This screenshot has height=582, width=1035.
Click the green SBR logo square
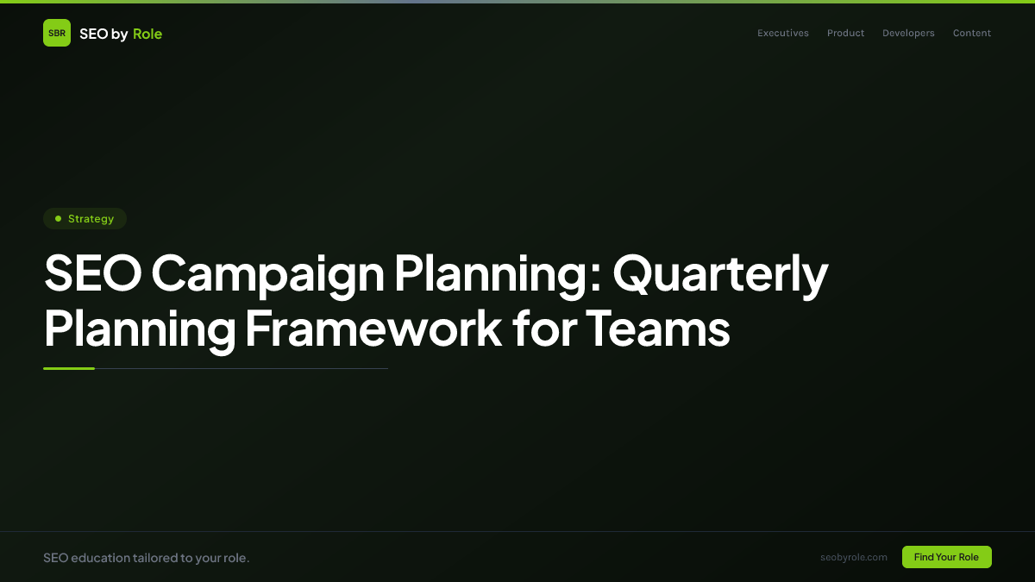pos(57,33)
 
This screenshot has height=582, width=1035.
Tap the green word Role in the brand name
pos(147,34)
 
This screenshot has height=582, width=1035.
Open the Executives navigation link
pos(782,33)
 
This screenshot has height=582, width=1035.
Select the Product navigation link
pos(845,33)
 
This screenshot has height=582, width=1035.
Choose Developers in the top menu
pos(908,33)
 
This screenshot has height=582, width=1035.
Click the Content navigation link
pos(971,33)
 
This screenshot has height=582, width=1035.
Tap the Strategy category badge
pos(85,219)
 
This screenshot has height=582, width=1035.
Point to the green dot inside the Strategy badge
pos(58,219)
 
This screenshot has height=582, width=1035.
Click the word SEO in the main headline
pos(92,274)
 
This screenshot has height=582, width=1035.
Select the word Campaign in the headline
pos(267,274)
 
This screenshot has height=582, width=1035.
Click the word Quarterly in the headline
pos(720,274)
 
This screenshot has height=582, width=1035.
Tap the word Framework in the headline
pos(373,329)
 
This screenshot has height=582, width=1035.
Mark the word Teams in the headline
pos(657,329)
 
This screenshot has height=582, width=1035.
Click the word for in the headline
pos(543,329)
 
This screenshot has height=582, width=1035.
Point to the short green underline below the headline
pos(69,368)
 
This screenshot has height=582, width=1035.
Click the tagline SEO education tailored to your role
pos(146,558)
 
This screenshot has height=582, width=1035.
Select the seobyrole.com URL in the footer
pos(853,557)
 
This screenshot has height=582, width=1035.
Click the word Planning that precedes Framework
pos(140,329)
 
